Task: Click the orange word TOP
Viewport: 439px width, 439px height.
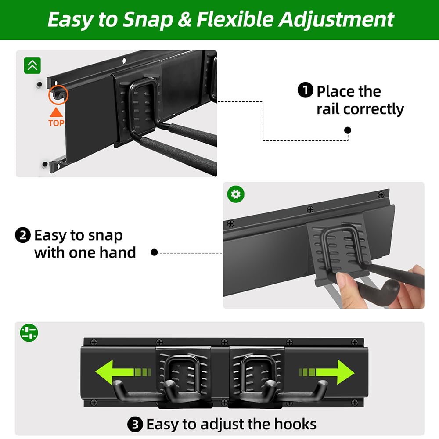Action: (56, 123)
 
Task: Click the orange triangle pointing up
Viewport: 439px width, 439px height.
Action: (56, 112)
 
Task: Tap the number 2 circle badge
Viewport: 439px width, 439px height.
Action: (22, 236)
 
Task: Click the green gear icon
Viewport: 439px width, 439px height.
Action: (236, 194)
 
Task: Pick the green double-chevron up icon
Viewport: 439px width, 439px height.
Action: (32, 65)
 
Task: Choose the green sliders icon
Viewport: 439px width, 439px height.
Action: (29, 332)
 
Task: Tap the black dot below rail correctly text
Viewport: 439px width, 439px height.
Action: (348, 130)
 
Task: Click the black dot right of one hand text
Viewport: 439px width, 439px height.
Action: (154, 252)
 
